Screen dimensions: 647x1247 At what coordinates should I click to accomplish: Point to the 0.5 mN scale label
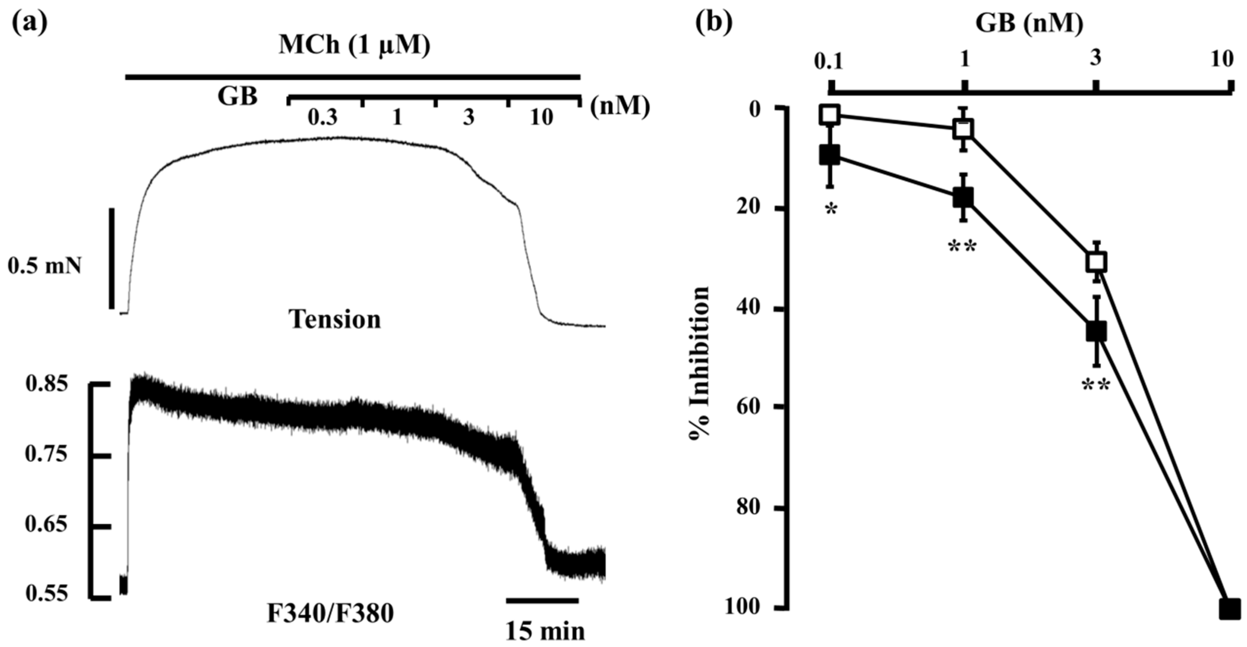point(45,266)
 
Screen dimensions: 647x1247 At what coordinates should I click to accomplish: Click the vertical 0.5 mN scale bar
point(112,258)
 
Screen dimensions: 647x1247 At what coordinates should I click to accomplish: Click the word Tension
point(335,320)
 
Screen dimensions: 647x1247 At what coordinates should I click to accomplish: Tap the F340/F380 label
point(331,614)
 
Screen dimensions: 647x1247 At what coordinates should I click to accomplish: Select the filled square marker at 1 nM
point(963,197)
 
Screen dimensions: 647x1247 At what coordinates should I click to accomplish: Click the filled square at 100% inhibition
point(1230,609)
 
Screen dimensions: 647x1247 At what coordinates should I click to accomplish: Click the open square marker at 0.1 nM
point(830,115)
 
